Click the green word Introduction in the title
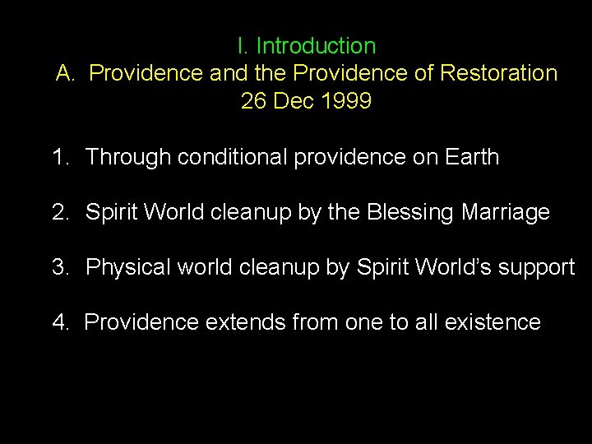(x=316, y=46)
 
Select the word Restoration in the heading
(x=498, y=73)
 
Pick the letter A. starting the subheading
(x=67, y=73)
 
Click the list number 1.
(x=59, y=157)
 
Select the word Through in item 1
(x=127, y=157)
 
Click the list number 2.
(x=59, y=212)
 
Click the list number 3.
(x=59, y=267)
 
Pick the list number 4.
(x=59, y=322)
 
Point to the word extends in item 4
(x=244, y=322)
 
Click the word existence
(x=492, y=322)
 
